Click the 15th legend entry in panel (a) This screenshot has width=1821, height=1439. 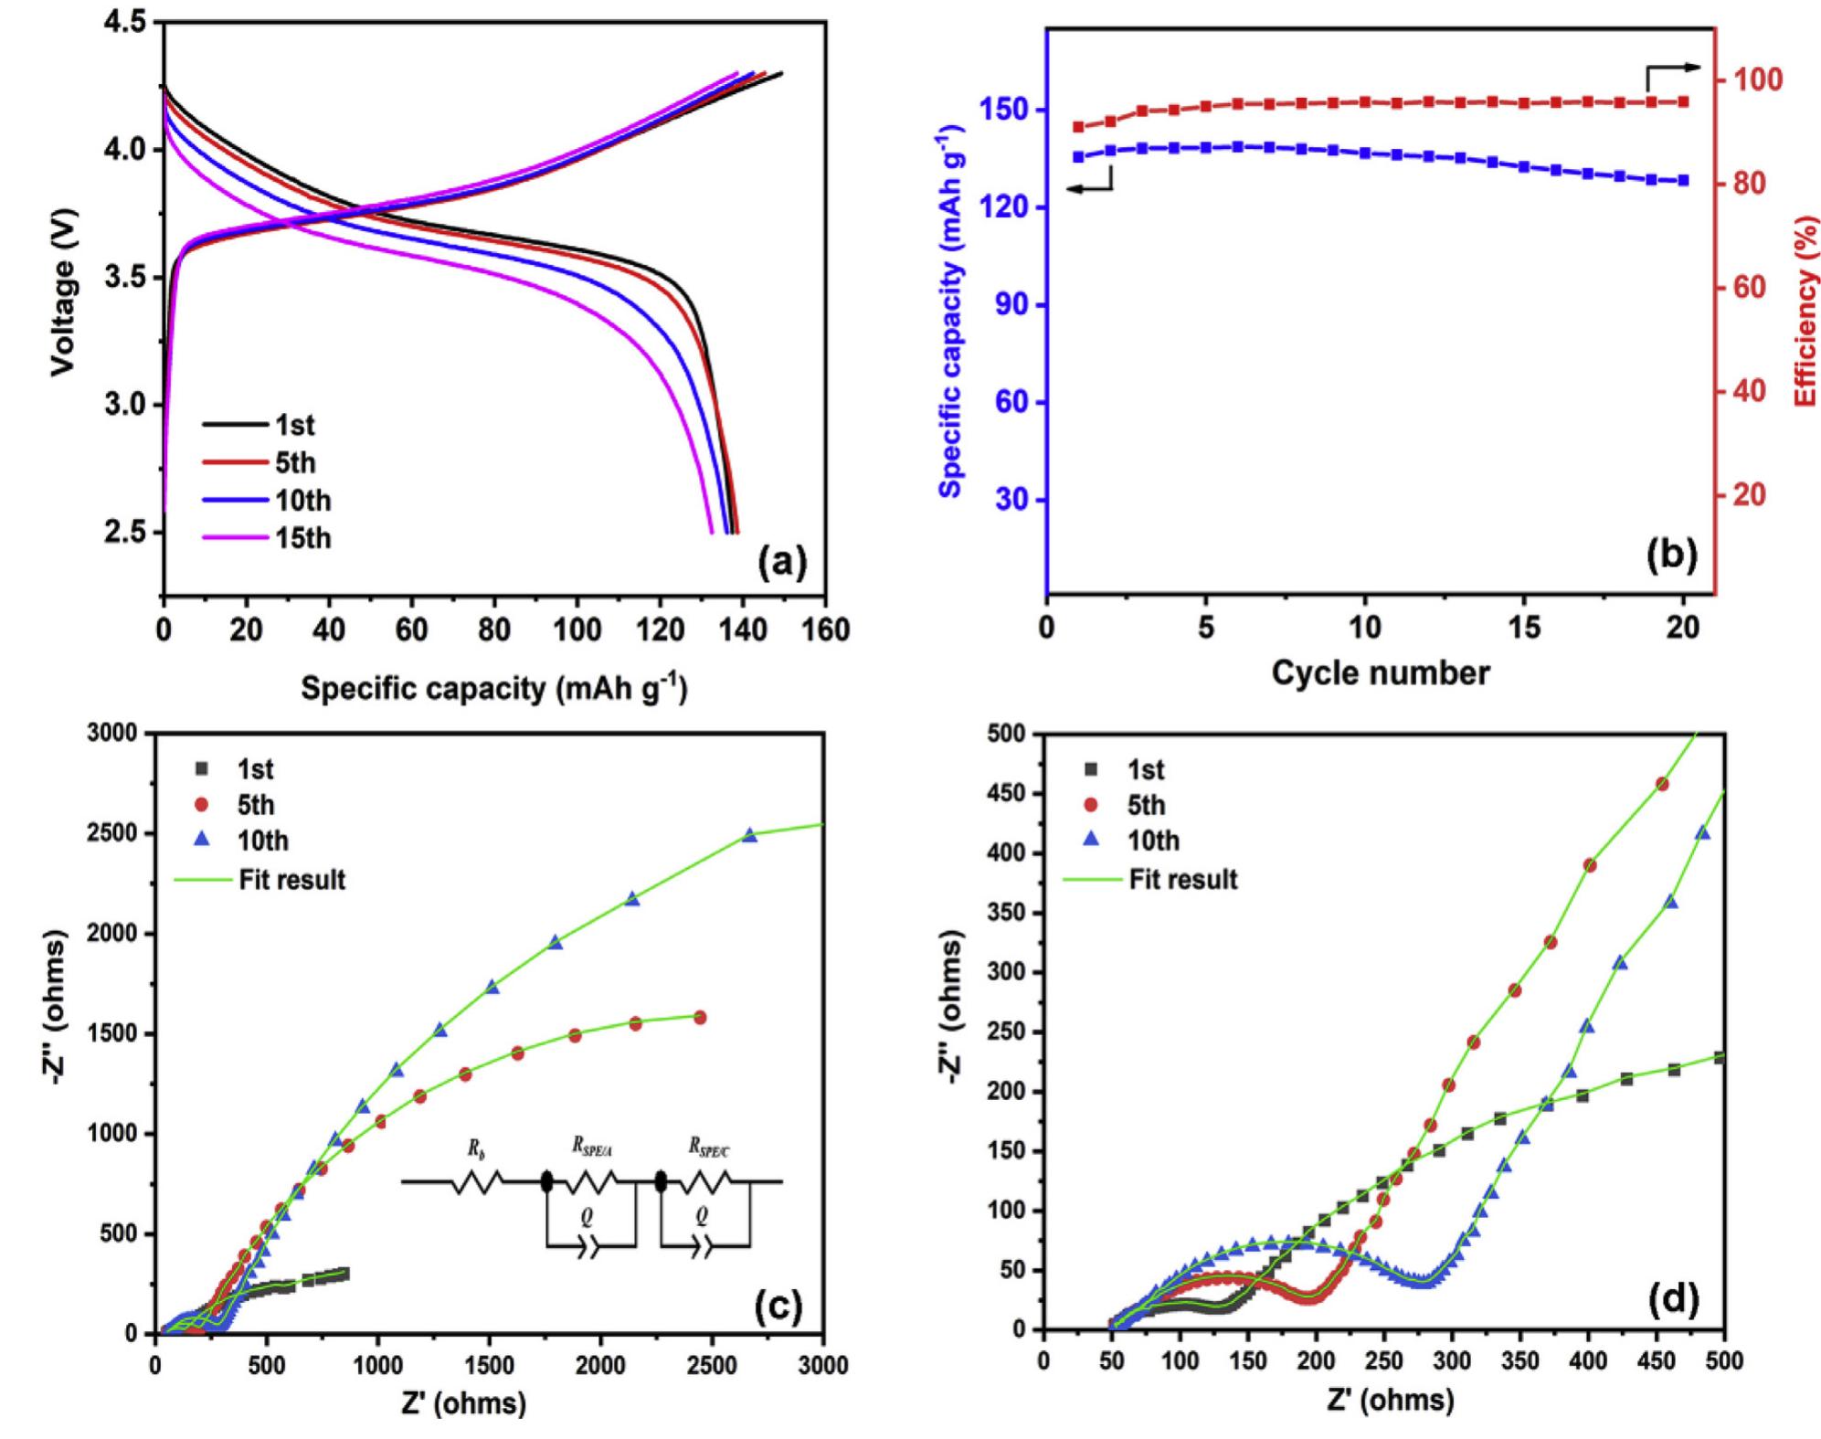pos(302,538)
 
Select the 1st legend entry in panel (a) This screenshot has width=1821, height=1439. pos(294,425)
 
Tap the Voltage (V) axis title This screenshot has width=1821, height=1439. pos(62,292)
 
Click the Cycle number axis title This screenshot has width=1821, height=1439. pos(1380,673)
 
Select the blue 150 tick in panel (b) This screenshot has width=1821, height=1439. pos(1005,111)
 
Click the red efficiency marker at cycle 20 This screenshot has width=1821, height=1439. pos(1683,101)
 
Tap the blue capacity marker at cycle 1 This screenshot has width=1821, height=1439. pos(1078,156)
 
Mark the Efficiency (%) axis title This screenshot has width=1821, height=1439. pos(1805,311)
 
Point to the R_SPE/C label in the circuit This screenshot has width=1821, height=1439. pos(709,1149)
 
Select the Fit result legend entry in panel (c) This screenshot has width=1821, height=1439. pos(291,880)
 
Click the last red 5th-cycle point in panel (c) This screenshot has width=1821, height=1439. pos(700,1017)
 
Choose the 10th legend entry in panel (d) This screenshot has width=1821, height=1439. pos(1153,841)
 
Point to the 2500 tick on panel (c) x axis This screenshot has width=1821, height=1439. pos(712,1365)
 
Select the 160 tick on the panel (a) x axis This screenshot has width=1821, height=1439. pos(827,630)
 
